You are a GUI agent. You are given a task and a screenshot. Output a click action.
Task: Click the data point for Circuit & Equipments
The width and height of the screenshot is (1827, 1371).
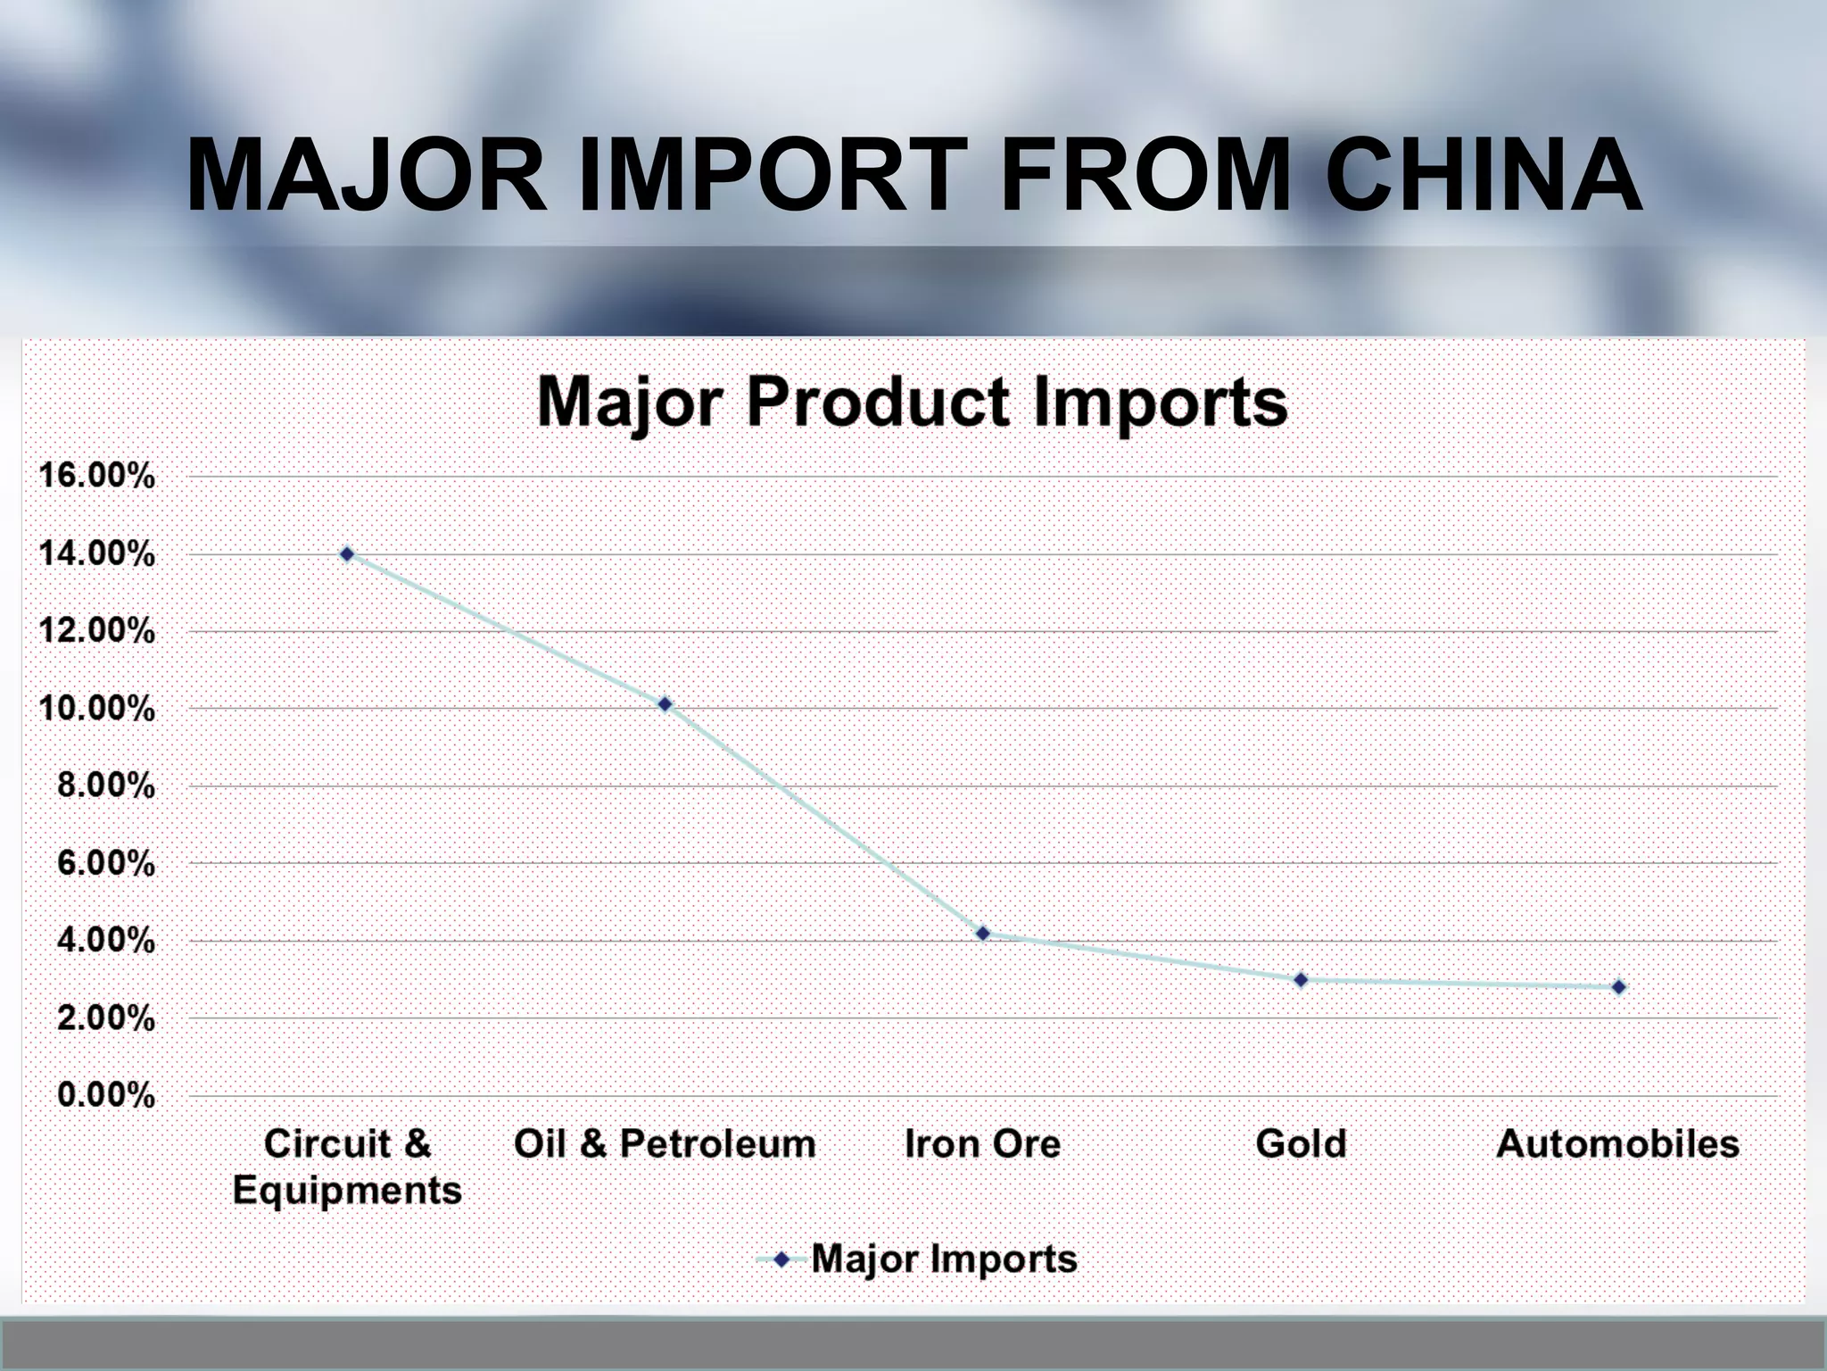(347, 554)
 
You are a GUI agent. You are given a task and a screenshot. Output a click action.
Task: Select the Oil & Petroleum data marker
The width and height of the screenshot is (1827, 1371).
(665, 704)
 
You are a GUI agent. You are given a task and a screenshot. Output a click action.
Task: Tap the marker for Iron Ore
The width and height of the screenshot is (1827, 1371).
(983, 934)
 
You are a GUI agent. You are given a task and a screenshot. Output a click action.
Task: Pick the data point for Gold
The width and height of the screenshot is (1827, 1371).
(1301, 980)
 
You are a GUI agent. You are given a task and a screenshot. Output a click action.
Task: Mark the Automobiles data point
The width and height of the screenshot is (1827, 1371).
(1619, 987)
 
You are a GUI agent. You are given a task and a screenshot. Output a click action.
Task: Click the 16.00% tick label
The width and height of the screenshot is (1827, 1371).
(97, 476)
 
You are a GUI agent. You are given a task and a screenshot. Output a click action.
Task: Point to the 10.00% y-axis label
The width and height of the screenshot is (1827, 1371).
(97, 709)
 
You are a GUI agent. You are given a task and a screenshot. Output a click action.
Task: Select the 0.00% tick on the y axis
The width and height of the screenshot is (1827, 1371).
(105, 1095)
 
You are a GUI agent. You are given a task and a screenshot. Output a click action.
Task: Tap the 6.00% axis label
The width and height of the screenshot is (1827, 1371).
(105, 863)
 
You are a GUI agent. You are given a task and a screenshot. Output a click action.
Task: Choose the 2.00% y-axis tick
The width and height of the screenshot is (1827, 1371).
(105, 1018)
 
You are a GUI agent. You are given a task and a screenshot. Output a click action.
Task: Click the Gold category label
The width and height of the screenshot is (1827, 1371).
(1301, 1144)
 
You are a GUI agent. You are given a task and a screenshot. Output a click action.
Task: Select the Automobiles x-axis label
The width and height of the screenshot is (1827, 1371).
(1618, 1144)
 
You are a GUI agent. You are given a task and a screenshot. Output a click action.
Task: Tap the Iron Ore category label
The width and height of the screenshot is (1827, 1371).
(982, 1144)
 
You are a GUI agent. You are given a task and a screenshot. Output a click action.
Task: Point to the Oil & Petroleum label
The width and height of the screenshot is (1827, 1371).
(665, 1144)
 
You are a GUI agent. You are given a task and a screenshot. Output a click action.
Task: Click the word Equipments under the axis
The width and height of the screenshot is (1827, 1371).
(347, 1191)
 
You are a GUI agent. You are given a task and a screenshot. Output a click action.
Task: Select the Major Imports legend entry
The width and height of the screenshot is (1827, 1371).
(943, 1259)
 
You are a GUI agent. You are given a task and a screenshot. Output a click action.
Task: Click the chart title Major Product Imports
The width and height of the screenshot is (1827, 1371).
(913, 403)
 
